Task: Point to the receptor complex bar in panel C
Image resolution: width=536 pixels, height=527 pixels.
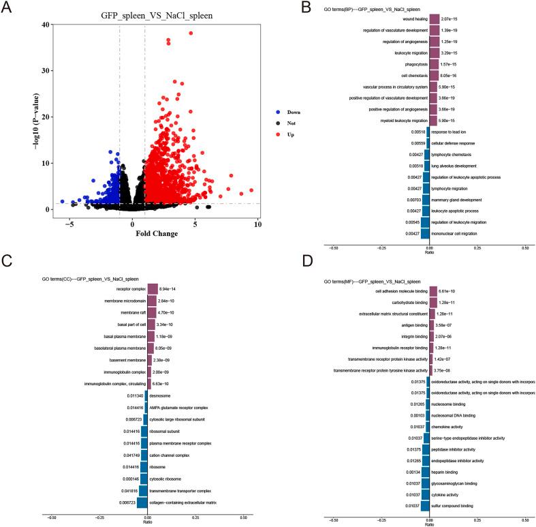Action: [153, 288]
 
